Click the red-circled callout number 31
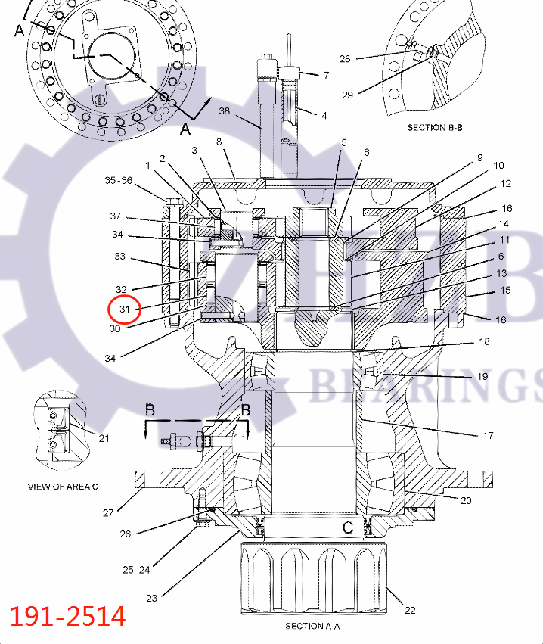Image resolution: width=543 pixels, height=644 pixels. click(x=125, y=309)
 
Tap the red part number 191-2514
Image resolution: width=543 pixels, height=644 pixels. click(x=68, y=616)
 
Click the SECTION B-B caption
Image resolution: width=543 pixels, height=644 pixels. click(x=436, y=127)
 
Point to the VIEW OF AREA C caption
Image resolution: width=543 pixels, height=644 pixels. click(x=63, y=487)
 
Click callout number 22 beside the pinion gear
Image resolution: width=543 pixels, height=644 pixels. click(x=410, y=610)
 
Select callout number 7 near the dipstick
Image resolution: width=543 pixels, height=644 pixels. click(x=326, y=75)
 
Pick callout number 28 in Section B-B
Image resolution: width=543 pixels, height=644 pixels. click(x=345, y=58)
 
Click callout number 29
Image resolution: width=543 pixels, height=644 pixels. click(x=347, y=95)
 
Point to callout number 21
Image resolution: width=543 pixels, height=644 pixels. click(x=104, y=438)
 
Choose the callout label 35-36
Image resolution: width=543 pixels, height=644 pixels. click(x=118, y=180)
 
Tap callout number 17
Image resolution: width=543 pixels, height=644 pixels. click(x=488, y=435)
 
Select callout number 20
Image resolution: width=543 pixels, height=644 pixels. click(x=466, y=500)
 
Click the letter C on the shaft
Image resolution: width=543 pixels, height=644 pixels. click(x=348, y=527)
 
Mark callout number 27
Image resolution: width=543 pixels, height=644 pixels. click(x=108, y=512)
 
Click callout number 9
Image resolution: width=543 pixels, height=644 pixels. click(x=479, y=157)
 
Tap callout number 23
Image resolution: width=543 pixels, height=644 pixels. click(x=151, y=598)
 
